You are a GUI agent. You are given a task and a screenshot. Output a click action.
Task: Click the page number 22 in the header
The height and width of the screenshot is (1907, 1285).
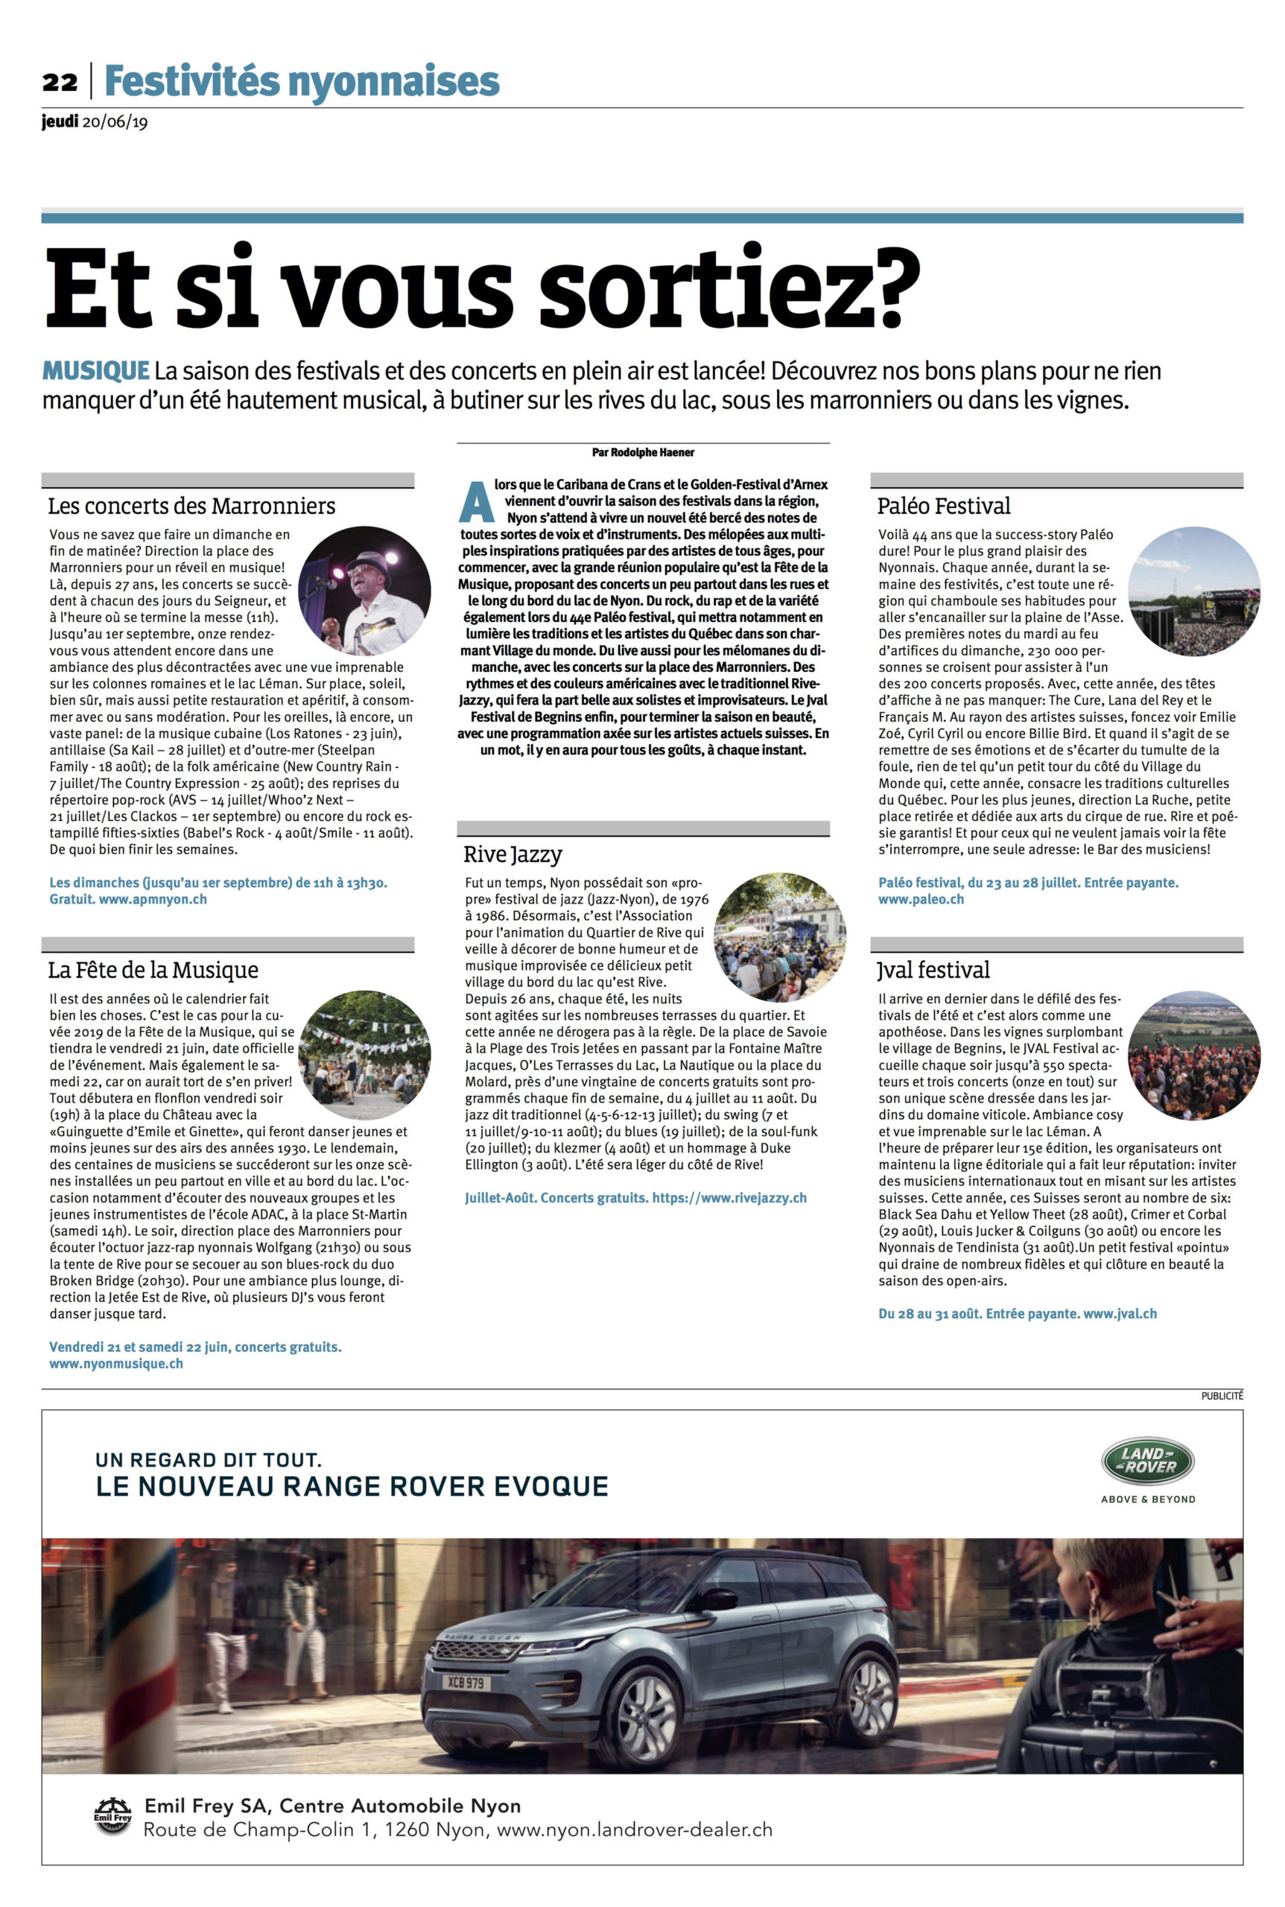60,82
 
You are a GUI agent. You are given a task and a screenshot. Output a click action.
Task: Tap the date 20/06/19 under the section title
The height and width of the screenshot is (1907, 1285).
115,123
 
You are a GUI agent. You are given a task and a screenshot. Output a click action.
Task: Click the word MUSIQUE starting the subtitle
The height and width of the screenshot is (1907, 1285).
95,371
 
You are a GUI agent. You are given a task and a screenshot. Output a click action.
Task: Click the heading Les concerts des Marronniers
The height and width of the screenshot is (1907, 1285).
191,506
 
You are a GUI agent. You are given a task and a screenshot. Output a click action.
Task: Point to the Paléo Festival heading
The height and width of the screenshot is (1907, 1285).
943,506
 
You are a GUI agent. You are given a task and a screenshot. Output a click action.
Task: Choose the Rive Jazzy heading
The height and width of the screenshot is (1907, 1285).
513,854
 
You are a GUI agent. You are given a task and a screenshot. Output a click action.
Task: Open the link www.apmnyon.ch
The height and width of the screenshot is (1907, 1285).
153,899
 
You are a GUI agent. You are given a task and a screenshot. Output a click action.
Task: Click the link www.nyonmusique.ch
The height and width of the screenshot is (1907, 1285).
116,1364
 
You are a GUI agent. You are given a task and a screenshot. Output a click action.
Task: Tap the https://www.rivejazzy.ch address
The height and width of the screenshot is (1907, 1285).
729,1198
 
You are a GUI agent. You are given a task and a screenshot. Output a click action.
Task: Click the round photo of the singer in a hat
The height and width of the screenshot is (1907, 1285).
364,591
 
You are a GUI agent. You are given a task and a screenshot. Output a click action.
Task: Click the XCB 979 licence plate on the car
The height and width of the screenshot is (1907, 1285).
466,1684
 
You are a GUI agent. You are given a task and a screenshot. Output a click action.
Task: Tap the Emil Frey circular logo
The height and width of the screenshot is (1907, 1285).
112,1817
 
